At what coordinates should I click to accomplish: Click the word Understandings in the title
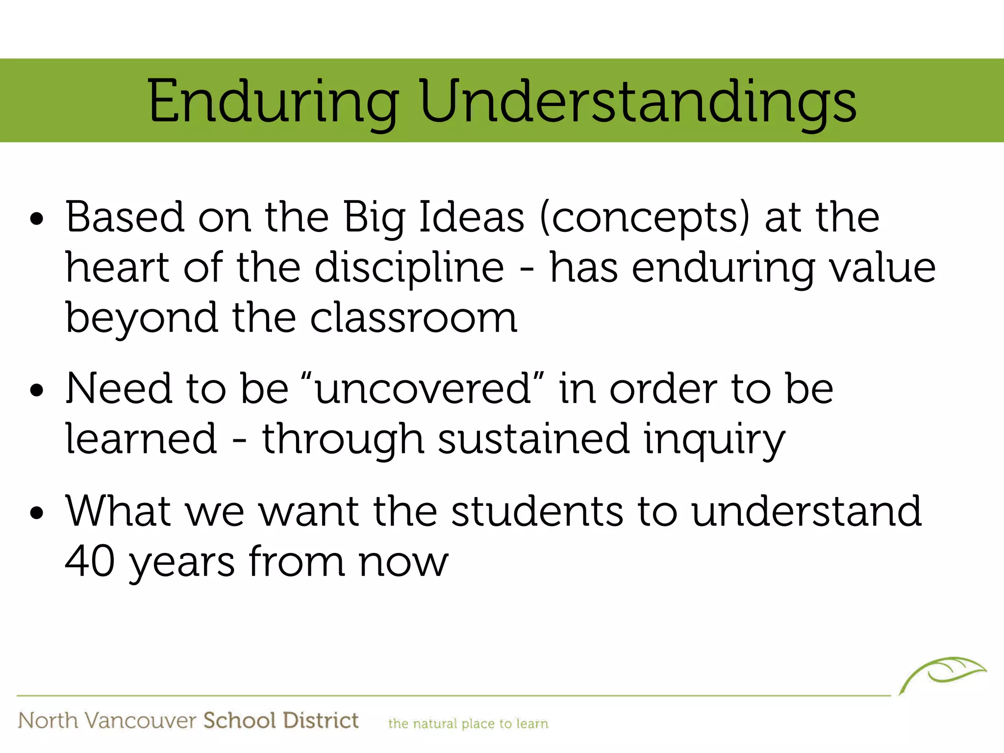[x=638, y=101]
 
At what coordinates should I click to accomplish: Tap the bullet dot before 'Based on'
[x=37, y=219]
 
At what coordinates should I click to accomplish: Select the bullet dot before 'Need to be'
[x=37, y=391]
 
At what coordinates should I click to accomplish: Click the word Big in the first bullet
[x=374, y=218]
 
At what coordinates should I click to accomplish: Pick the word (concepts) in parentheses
[x=645, y=218]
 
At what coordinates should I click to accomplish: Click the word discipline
[x=409, y=268]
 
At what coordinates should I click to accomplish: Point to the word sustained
[x=533, y=439]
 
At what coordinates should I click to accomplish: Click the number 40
[x=90, y=561]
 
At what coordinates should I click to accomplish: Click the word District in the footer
[x=321, y=721]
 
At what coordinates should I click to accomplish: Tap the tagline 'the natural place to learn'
[x=468, y=724]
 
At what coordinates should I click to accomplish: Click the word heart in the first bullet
[x=117, y=268]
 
